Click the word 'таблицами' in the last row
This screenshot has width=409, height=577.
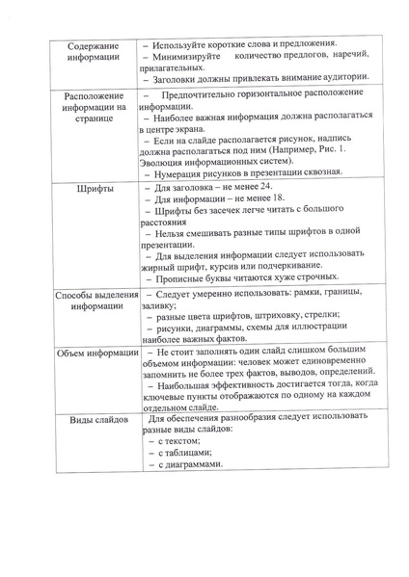(192, 452)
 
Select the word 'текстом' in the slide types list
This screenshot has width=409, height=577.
(186, 439)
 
